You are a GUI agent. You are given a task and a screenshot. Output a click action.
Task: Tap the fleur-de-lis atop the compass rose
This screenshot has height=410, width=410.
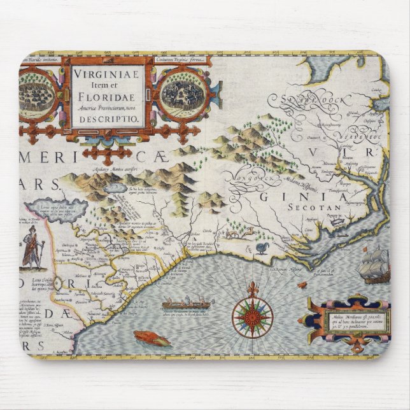(x=252, y=288)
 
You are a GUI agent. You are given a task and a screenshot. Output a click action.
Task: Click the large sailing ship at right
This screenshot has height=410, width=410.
(x=374, y=265)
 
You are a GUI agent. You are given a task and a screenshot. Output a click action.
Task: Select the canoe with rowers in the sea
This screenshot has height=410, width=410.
(x=188, y=305)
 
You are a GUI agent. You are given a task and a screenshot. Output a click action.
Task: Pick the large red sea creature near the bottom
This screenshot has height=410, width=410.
(x=152, y=338)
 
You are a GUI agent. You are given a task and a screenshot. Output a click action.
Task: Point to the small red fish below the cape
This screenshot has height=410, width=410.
(x=302, y=285)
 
